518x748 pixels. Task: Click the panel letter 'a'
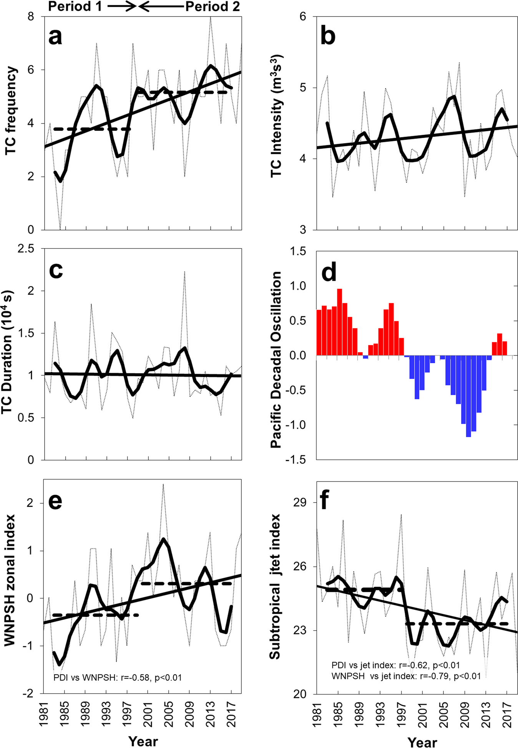[x=55, y=37]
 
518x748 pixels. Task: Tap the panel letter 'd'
[x=329, y=272]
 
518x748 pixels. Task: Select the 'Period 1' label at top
[x=75, y=7]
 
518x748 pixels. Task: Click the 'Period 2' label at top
[x=213, y=7]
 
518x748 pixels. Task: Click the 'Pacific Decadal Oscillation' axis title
[x=276, y=360]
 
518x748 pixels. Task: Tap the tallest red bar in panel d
[x=340, y=322]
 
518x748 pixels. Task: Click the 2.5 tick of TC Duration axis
[x=26, y=249]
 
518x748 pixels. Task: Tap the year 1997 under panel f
[x=401, y=714]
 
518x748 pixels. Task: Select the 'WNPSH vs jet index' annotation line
[x=406, y=676]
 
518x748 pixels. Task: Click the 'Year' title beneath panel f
[x=422, y=742]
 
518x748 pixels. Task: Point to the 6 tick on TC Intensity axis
[x=303, y=17]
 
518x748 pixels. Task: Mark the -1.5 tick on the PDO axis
[x=296, y=460]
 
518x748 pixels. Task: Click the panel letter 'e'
[x=55, y=501]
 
